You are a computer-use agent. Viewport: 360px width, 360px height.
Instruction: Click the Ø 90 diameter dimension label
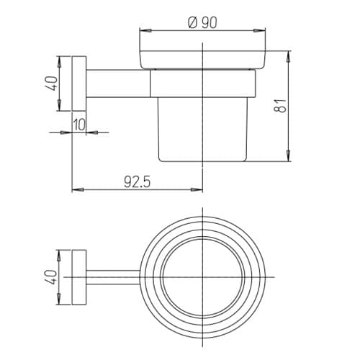click(x=202, y=22)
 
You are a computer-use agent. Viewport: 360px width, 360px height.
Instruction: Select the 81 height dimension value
click(x=280, y=106)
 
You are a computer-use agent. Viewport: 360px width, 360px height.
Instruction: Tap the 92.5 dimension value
click(x=137, y=181)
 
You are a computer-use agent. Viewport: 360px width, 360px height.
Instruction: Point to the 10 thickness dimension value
click(x=79, y=125)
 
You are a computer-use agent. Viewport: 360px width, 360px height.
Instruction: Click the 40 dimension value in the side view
click(x=52, y=84)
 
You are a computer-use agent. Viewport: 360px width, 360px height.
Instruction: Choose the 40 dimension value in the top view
click(x=51, y=277)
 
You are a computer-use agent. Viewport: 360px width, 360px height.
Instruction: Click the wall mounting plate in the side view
click(x=79, y=84)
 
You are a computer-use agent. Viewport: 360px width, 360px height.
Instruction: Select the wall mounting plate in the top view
click(x=79, y=277)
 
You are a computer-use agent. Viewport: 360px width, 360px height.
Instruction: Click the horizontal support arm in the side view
click(x=118, y=84)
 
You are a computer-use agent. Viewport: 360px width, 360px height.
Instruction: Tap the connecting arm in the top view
click(x=113, y=277)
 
